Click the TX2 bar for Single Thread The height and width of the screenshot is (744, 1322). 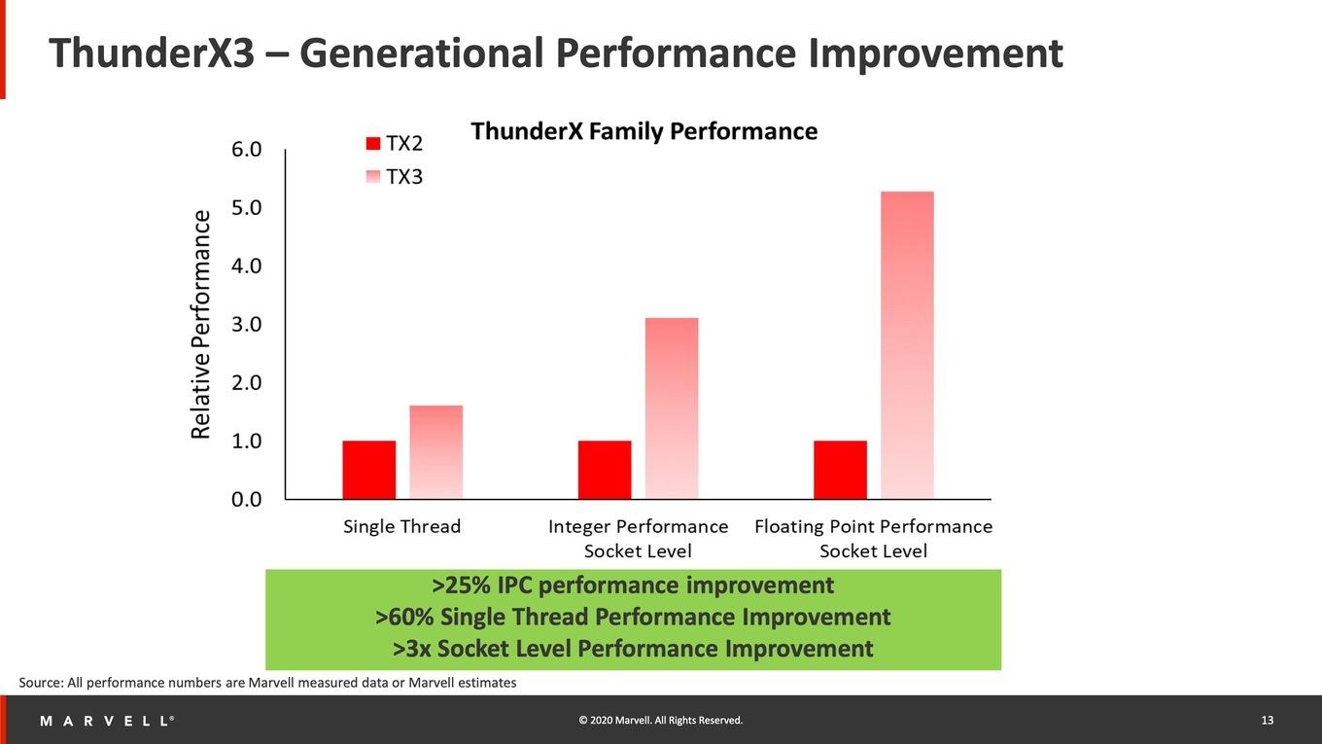368,470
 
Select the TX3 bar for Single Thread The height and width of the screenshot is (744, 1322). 436,452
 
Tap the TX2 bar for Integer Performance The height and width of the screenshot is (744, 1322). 605,470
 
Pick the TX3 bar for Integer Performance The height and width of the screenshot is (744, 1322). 672,408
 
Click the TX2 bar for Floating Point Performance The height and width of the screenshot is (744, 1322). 841,470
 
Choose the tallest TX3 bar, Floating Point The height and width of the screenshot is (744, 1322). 908,345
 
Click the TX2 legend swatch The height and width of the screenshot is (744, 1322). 373,144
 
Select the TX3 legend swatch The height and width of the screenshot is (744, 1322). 373,177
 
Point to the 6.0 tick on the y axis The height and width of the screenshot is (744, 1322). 246,150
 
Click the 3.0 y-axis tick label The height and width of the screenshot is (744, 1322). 246,324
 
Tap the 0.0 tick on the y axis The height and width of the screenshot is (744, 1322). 246,500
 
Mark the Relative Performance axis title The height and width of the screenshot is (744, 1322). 200,324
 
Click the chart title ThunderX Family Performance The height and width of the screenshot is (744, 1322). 644,131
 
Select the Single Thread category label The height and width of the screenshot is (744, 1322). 401,526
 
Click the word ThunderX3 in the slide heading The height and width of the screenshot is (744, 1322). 152,53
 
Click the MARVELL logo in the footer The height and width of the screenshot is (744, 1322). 107,721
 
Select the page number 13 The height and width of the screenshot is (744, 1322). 1268,721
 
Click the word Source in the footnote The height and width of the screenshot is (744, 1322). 41,683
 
